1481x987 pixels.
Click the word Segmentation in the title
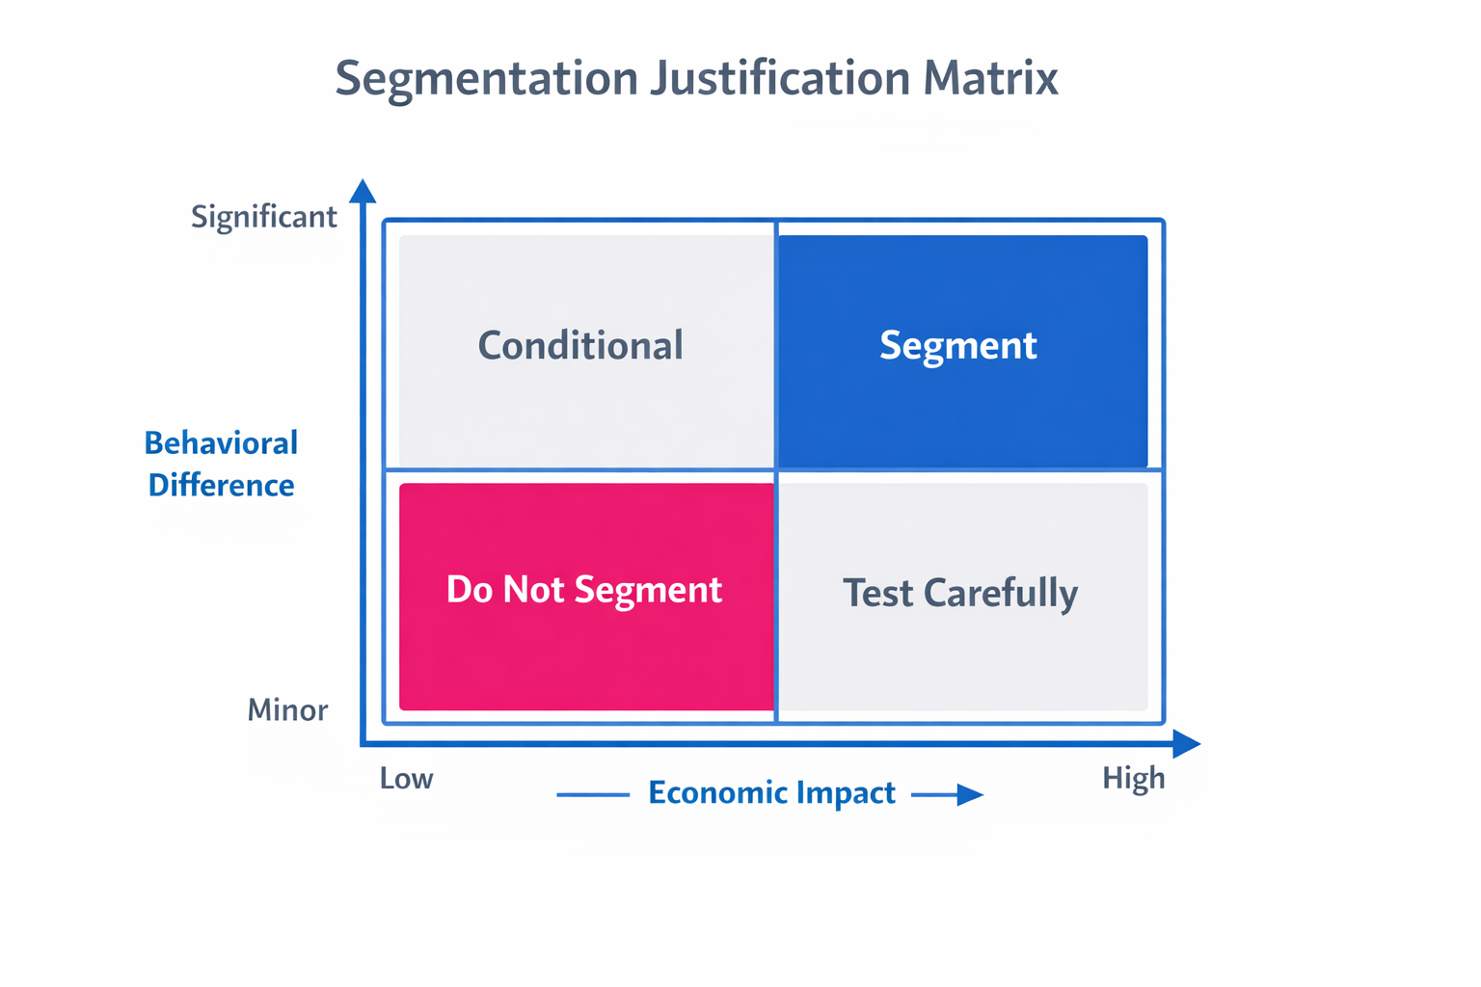coord(486,79)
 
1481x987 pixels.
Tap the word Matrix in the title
coord(990,79)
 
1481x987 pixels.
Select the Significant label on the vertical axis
coord(263,217)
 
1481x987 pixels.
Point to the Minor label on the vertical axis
coord(287,710)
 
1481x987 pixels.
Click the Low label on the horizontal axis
coord(406,779)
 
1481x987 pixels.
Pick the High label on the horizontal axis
coord(1134,779)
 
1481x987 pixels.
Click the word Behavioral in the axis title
coord(221,443)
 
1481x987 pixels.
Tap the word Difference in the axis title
coord(221,485)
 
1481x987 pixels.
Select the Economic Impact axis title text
coord(771,793)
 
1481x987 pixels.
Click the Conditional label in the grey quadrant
coord(580,346)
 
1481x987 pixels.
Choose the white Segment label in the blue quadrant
coord(958,346)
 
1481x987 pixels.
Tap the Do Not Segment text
coord(584,590)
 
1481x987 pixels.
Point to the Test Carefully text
coord(960,594)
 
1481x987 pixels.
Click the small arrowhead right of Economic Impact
coord(969,795)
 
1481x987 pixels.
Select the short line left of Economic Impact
coord(593,795)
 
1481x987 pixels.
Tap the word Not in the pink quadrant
coord(533,590)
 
